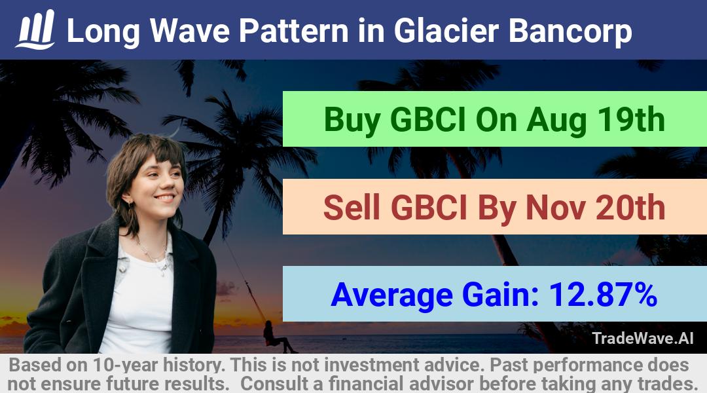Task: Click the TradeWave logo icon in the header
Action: tap(35, 29)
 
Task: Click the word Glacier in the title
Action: tap(446, 31)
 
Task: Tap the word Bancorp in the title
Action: tap(570, 31)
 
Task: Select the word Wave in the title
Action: tap(190, 31)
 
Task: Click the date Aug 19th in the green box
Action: tap(596, 120)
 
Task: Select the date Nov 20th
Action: tap(596, 208)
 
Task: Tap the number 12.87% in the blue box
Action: tap(603, 295)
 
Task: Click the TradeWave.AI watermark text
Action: tap(643, 338)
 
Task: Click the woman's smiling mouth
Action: tap(164, 198)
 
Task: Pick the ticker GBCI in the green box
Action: tap(427, 120)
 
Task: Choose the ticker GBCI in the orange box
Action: tap(428, 208)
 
